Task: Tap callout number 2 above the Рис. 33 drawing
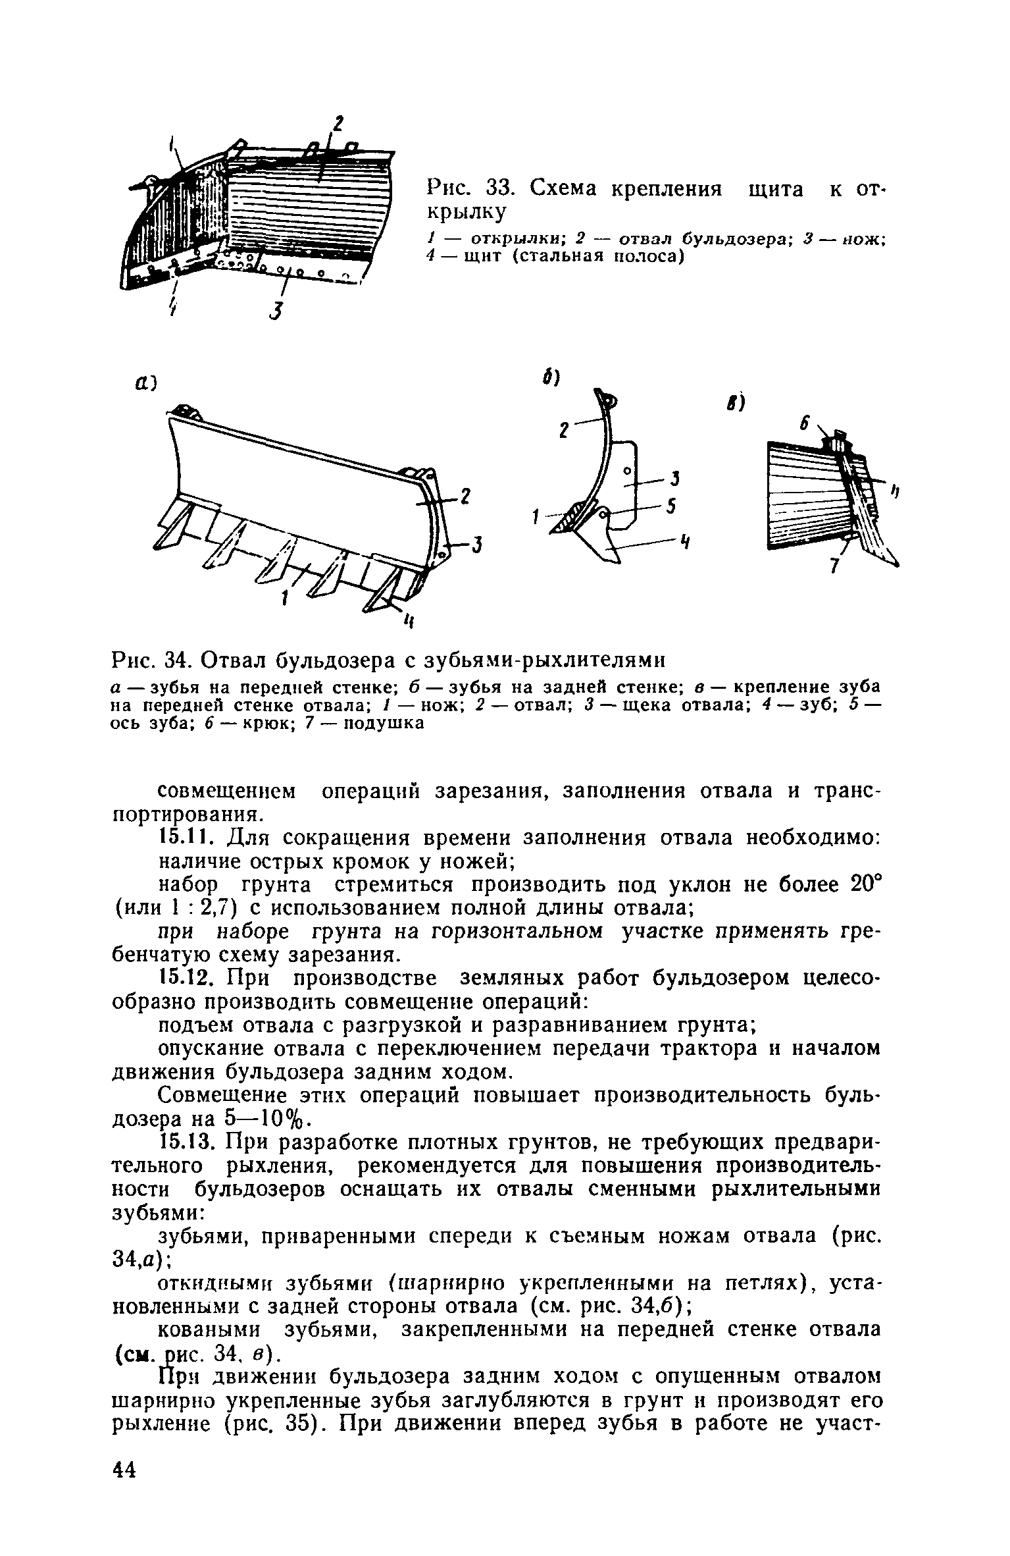(x=338, y=124)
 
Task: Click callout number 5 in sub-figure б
(x=672, y=506)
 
